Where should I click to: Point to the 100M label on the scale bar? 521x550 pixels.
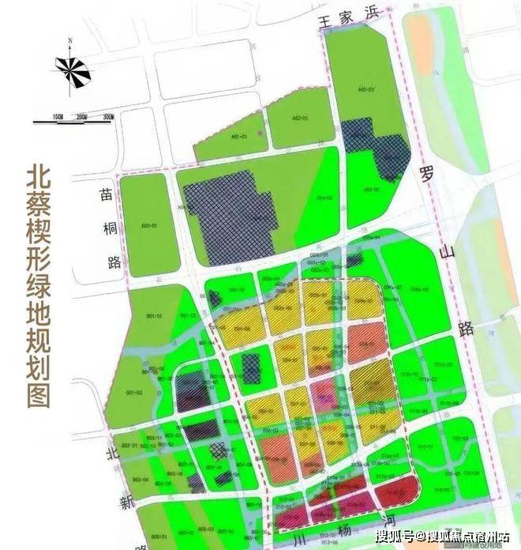(58, 116)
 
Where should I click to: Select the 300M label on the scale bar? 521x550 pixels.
(107, 116)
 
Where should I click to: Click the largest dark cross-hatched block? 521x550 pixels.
(230, 217)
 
